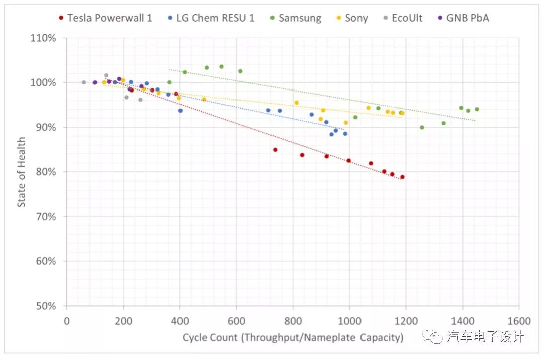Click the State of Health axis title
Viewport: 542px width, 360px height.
22,172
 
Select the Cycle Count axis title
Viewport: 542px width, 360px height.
293,337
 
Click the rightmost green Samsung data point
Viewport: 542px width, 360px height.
477,109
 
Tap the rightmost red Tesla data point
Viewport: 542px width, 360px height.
402,177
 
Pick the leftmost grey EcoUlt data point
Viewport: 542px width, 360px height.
84,82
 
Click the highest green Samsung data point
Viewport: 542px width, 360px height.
221,66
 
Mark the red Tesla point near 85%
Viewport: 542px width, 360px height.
275,150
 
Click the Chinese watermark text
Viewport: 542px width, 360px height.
485,336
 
